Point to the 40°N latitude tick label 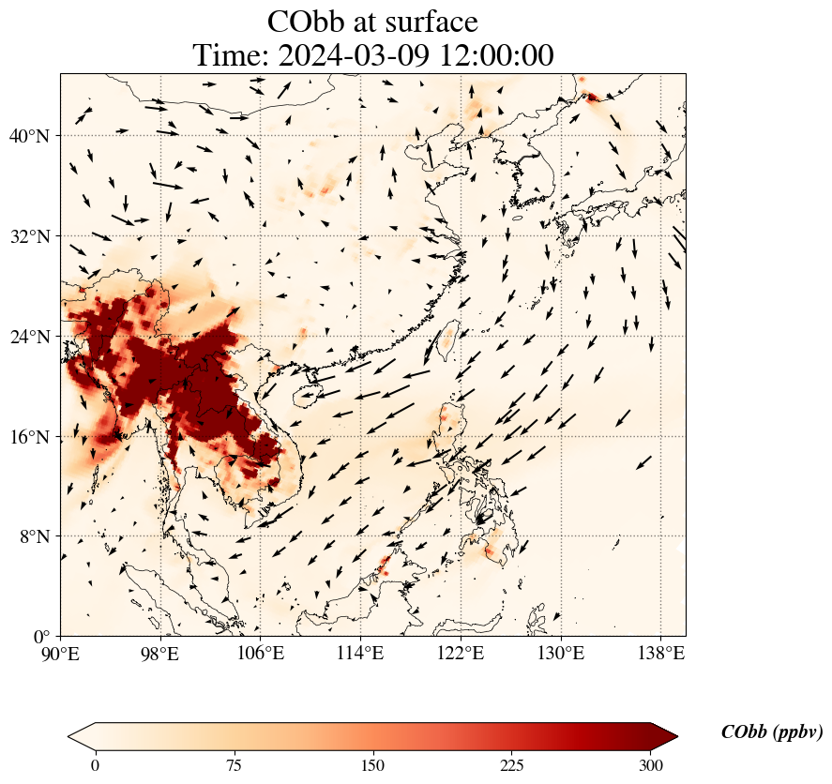pos(29,136)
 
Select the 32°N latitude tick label pos(29,236)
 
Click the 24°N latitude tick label pos(29,337)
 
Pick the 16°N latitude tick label pos(29,437)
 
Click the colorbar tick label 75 pos(234,765)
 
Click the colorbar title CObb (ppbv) pos(771,732)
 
